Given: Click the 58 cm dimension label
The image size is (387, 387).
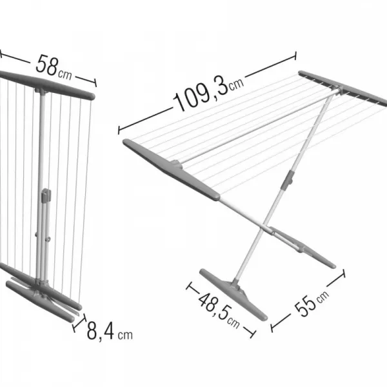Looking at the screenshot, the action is point(54,67).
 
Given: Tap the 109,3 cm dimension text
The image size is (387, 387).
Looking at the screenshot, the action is point(208,92).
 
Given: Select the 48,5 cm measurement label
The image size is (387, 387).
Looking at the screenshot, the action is point(219,310).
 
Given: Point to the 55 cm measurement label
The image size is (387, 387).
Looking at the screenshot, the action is point(312,303).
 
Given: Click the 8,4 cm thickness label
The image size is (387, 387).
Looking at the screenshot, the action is point(110,331).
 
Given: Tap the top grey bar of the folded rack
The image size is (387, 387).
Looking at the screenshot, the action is point(47,85).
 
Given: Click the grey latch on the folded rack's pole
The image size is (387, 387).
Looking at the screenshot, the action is point(46,195).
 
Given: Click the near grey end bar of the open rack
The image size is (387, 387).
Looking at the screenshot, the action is point(172,170).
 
